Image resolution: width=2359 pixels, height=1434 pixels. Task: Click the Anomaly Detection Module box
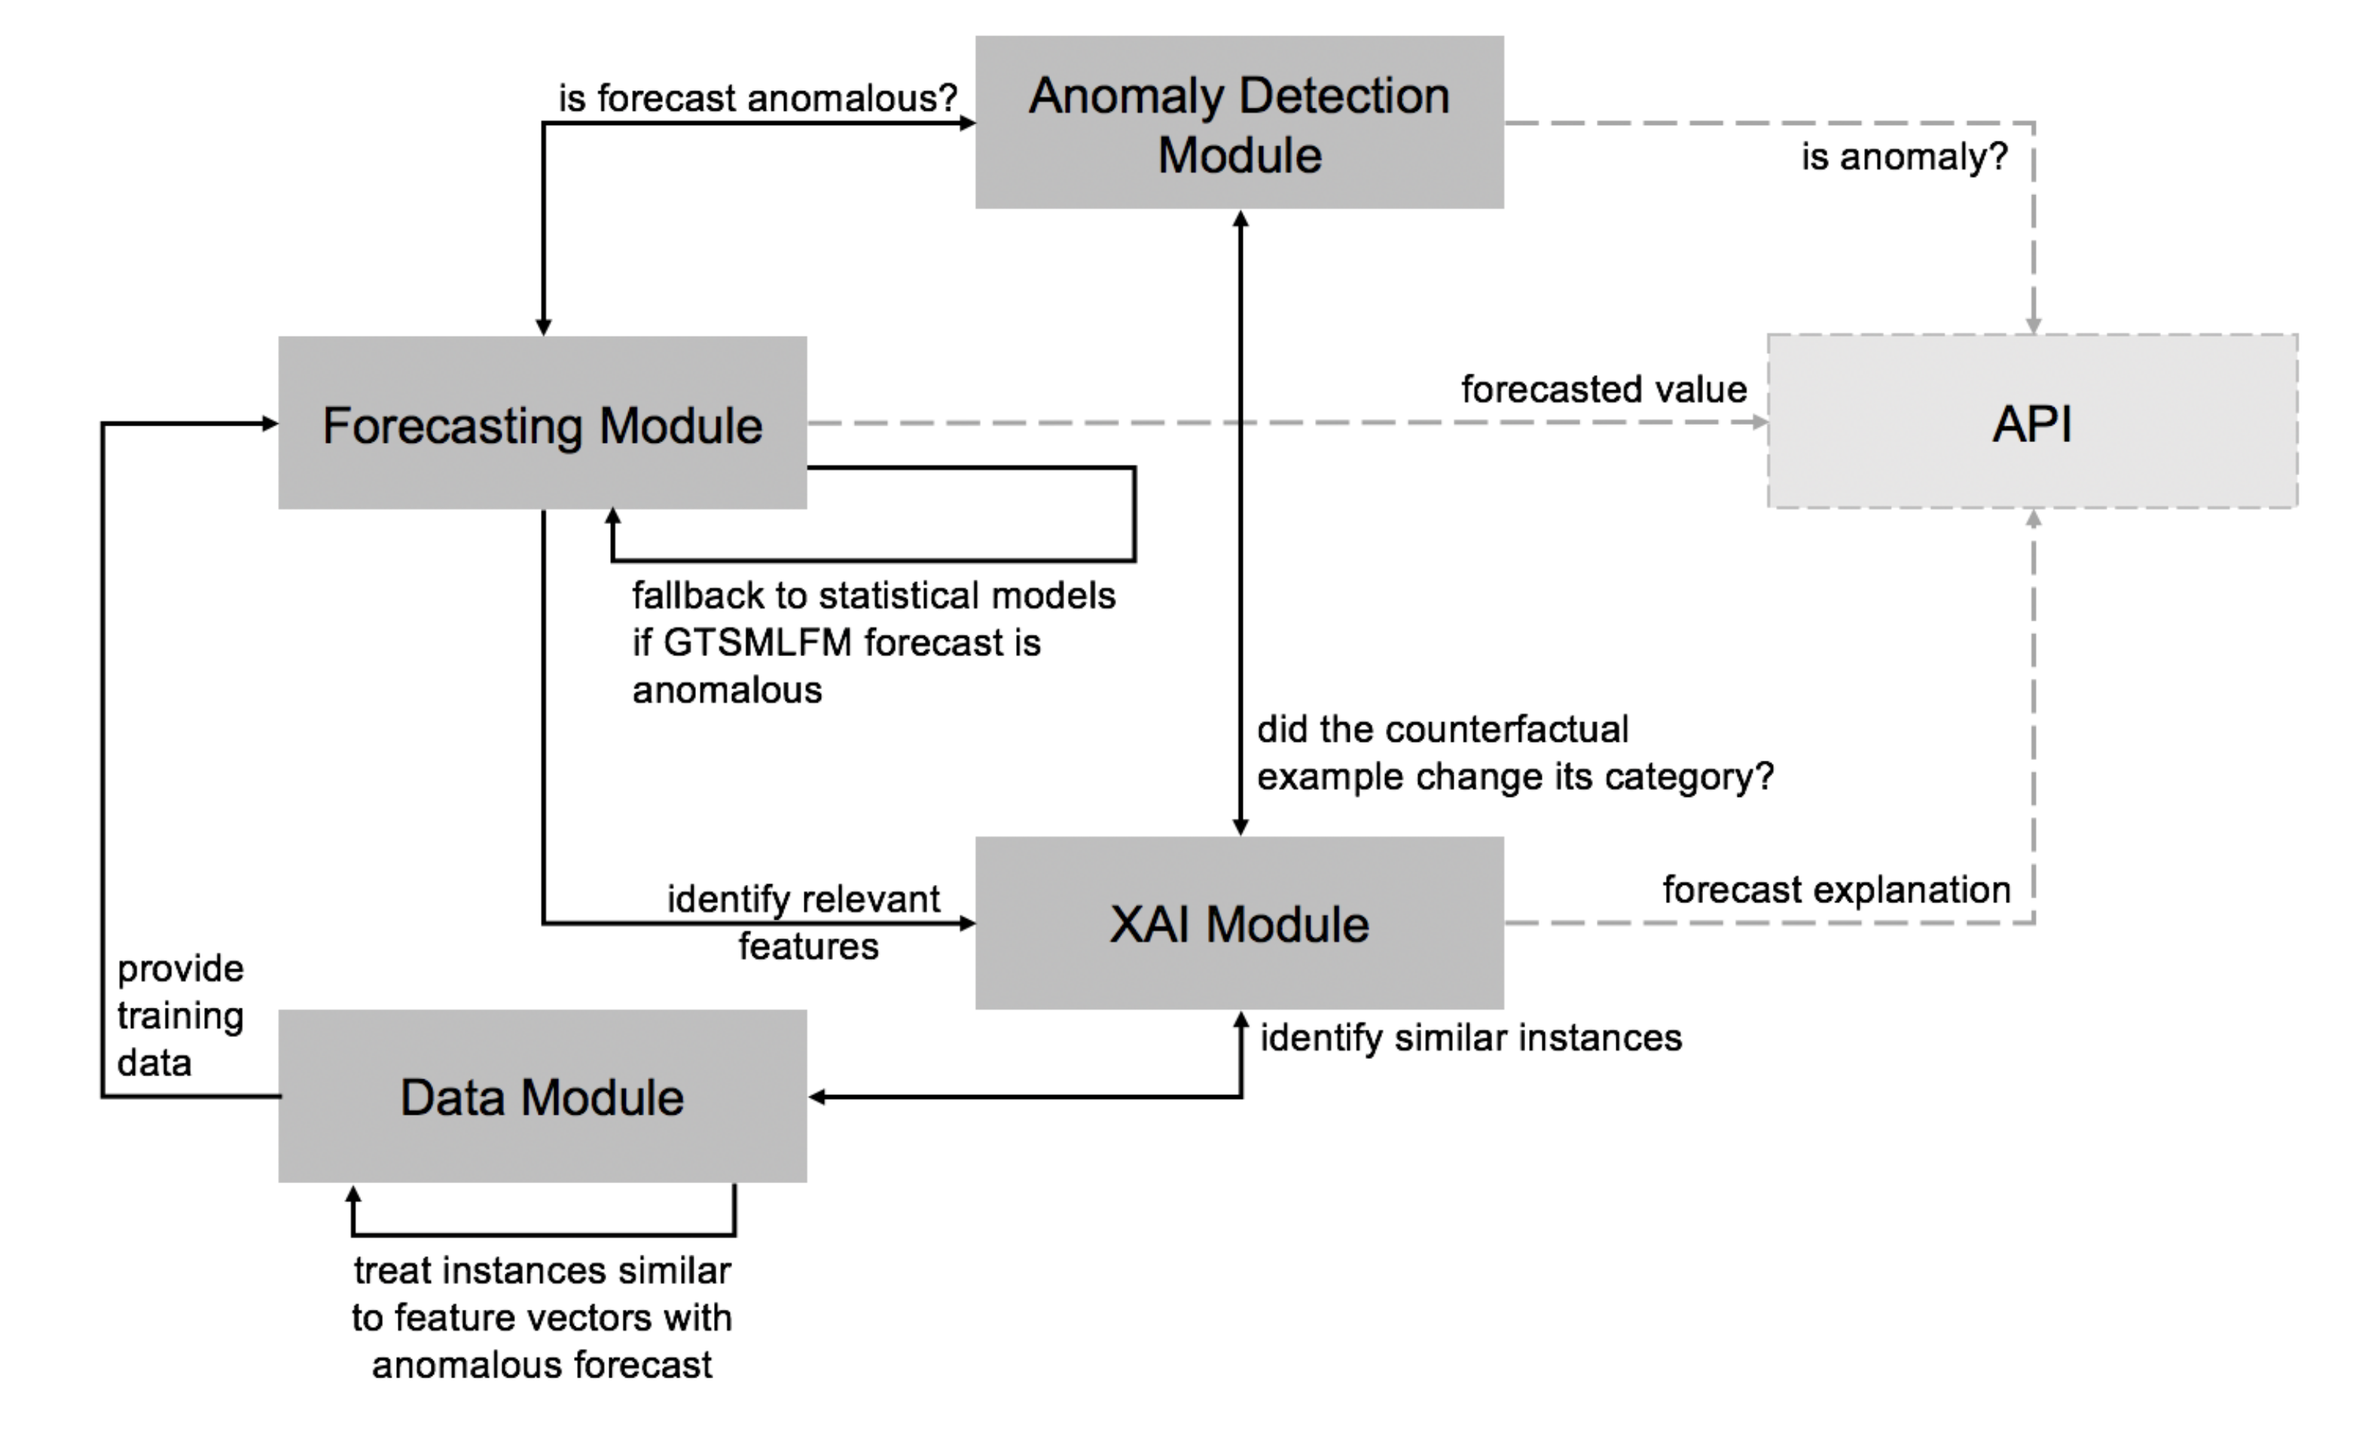pyautogui.click(x=1239, y=123)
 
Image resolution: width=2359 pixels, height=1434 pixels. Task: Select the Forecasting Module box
pyautogui.click(x=542, y=423)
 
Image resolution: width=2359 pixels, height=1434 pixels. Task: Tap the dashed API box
pyautogui.click(x=2031, y=421)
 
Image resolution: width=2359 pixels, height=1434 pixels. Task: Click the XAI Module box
pyautogui.click(x=1239, y=923)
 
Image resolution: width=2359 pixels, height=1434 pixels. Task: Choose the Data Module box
pyautogui.click(x=542, y=1096)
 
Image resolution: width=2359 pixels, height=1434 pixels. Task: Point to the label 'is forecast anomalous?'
pyautogui.click(x=757, y=98)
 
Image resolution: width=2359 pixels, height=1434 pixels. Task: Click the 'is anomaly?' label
pyautogui.click(x=1903, y=157)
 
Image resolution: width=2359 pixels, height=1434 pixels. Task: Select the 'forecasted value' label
pyautogui.click(x=1603, y=389)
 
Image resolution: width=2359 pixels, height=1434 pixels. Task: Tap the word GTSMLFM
pyautogui.click(x=756, y=642)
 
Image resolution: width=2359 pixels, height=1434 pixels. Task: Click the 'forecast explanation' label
pyautogui.click(x=1836, y=889)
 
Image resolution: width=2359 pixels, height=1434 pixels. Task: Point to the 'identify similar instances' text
pyautogui.click(x=1469, y=1038)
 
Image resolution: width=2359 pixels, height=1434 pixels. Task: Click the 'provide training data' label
pyautogui.click(x=180, y=1016)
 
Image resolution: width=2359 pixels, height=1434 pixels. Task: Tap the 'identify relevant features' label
pyautogui.click(x=804, y=921)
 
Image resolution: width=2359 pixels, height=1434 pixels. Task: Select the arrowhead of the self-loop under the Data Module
pyautogui.click(x=353, y=1194)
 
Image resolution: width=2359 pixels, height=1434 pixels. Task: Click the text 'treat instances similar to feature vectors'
pyautogui.click(x=542, y=1294)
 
